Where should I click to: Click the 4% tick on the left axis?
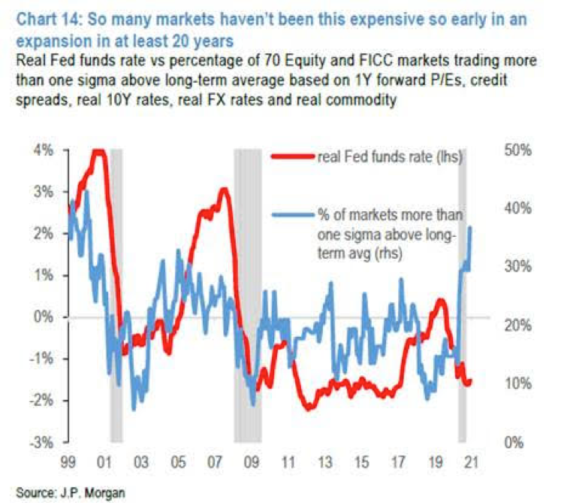point(44,150)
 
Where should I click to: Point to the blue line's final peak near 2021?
point(470,227)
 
